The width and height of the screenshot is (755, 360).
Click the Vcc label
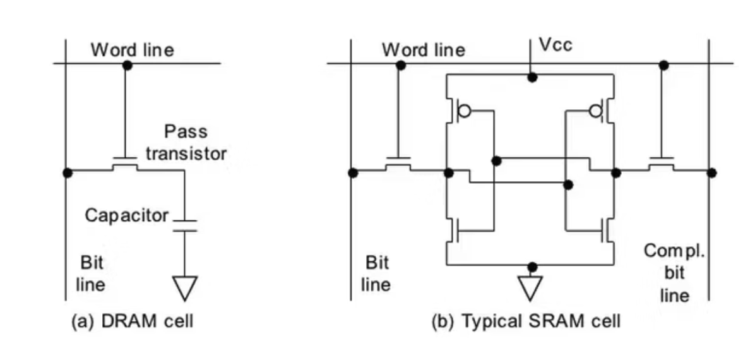[556, 45]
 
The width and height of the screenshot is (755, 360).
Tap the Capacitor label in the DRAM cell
[127, 215]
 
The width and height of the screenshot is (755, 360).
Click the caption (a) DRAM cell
[131, 321]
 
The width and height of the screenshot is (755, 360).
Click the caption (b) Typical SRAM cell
[526, 321]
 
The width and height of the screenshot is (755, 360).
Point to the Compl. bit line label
[674, 273]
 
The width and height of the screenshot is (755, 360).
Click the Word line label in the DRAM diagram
[133, 50]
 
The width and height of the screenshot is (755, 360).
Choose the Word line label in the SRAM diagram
[423, 50]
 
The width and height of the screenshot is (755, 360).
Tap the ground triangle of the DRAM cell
[185, 289]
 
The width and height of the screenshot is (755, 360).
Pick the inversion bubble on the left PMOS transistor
[465, 112]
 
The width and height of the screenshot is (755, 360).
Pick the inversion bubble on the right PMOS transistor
[595, 112]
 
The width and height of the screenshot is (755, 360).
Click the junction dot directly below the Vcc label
[533, 77]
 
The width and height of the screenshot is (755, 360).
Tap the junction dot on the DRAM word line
[128, 64]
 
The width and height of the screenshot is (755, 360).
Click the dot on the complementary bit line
[711, 172]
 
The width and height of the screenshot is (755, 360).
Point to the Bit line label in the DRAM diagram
[90, 273]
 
